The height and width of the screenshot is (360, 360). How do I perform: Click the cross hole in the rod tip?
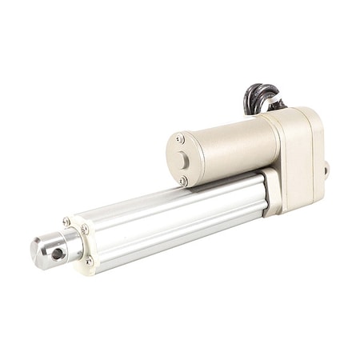(x=58, y=254)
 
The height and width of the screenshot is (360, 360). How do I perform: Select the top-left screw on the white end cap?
(x=66, y=222)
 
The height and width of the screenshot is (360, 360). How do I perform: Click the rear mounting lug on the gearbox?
(x=326, y=170)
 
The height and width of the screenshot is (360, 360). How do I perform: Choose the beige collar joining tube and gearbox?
(x=272, y=192)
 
